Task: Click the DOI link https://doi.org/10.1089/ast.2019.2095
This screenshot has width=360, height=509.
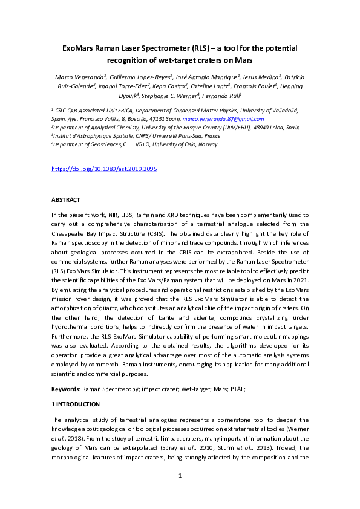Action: click(103, 169)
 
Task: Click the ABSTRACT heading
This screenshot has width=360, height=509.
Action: click(65, 200)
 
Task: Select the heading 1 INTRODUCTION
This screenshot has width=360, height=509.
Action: click(76, 404)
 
